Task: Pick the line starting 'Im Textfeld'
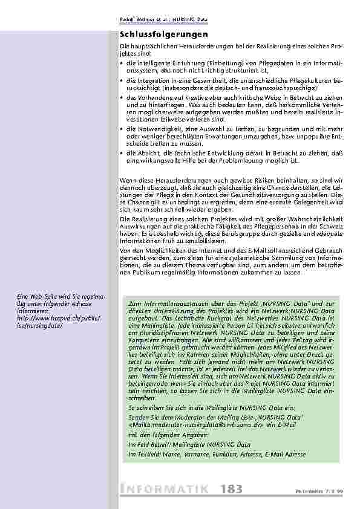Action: tap(217, 454)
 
